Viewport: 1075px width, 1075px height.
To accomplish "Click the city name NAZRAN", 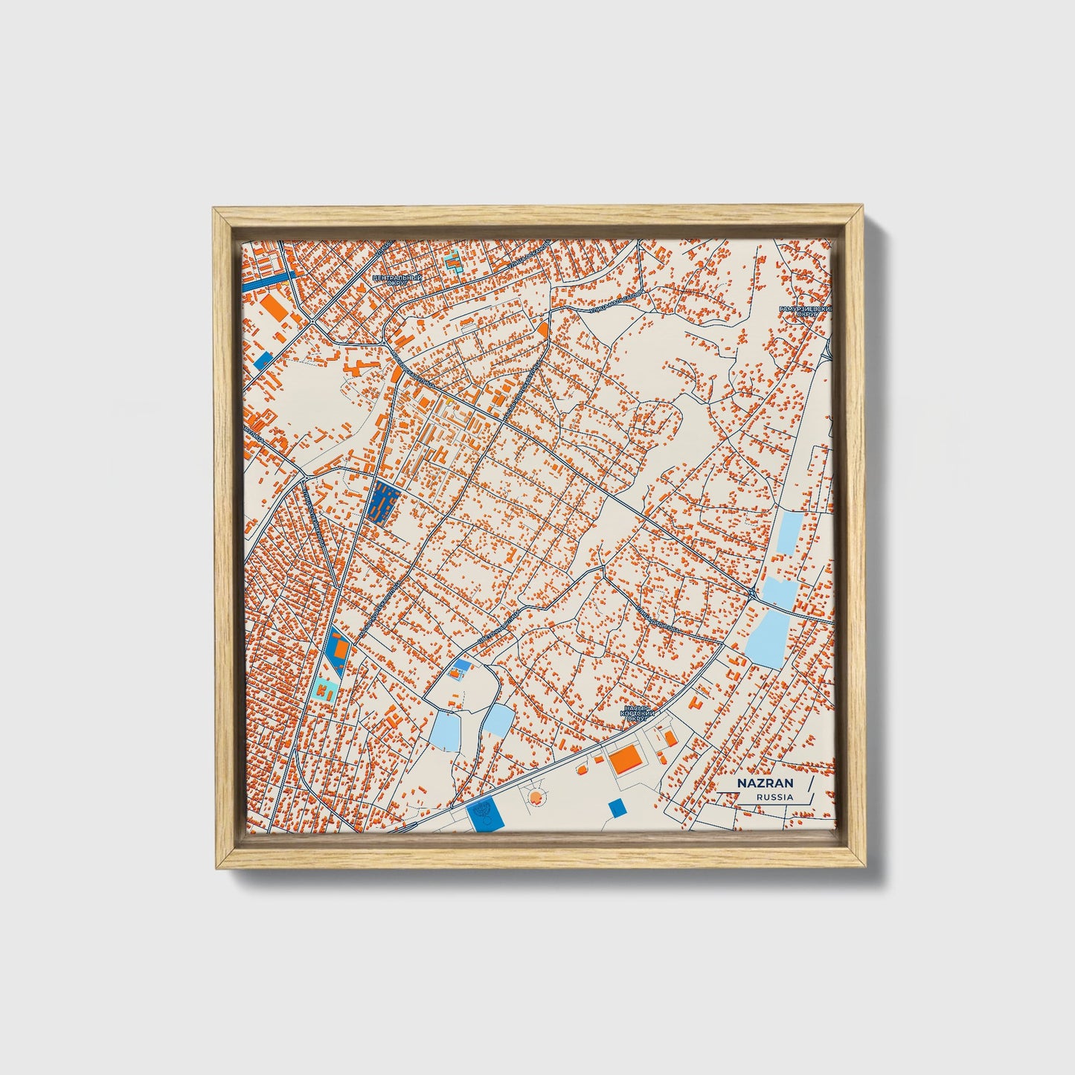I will click(756, 783).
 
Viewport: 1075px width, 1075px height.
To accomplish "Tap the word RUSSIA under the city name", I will click(774, 798).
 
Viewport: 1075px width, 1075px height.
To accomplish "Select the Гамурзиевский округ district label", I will click(804, 310).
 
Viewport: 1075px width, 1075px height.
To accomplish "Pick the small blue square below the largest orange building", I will click(617, 808).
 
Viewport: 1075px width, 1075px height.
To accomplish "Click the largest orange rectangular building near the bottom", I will click(626, 760).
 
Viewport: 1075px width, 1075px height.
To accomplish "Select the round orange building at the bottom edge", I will click(534, 799).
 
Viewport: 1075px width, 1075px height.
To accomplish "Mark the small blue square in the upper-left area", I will click(263, 360).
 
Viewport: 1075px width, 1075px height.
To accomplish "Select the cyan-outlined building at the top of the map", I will click(452, 262).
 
